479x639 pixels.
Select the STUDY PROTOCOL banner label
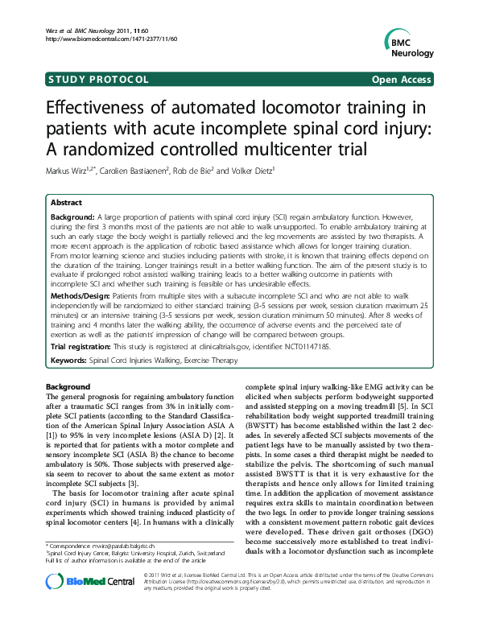click(x=98, y=79)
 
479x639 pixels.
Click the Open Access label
click(x=403, y=79)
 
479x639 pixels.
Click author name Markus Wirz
click(x=70, y=170)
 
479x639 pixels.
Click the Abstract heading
click(x=67, y=203)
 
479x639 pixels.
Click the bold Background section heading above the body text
click(x=68, y=387)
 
